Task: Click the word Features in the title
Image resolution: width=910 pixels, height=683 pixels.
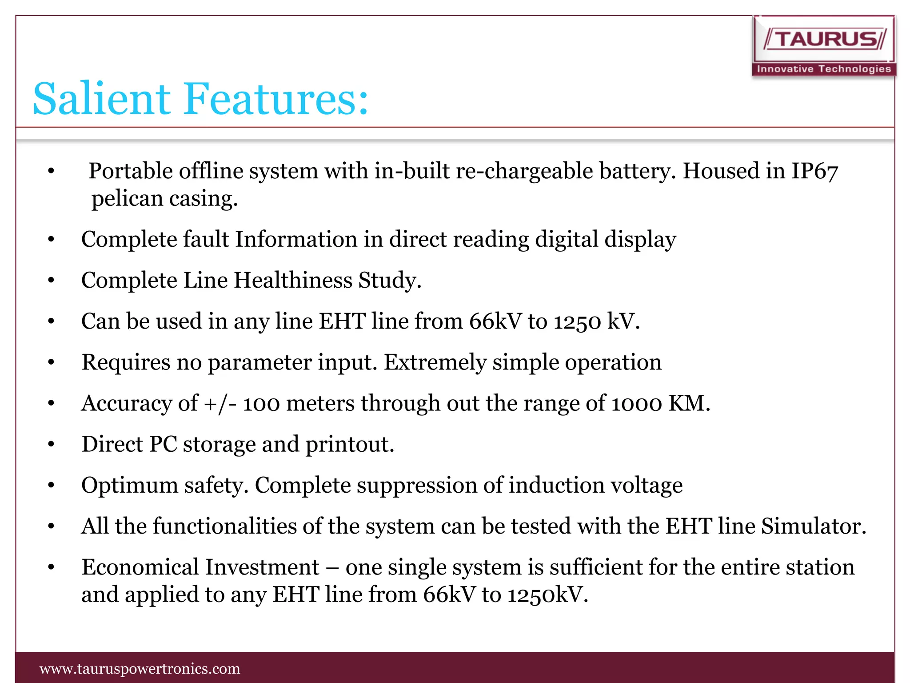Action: point(276,98)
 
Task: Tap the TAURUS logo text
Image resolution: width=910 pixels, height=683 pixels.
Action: point(826,40)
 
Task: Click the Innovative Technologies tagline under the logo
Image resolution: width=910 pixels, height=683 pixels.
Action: point(824,69)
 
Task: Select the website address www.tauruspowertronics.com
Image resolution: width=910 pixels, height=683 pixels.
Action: point(140,669)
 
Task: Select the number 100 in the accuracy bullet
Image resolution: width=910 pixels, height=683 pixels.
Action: point(261,404)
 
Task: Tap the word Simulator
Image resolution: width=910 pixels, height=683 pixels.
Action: point(813,526)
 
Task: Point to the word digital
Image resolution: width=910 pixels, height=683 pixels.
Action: point(567,240)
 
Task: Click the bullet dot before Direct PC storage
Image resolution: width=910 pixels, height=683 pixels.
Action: point(51,444)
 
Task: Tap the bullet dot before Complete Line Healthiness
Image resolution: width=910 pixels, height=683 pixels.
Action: point(51,281)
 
